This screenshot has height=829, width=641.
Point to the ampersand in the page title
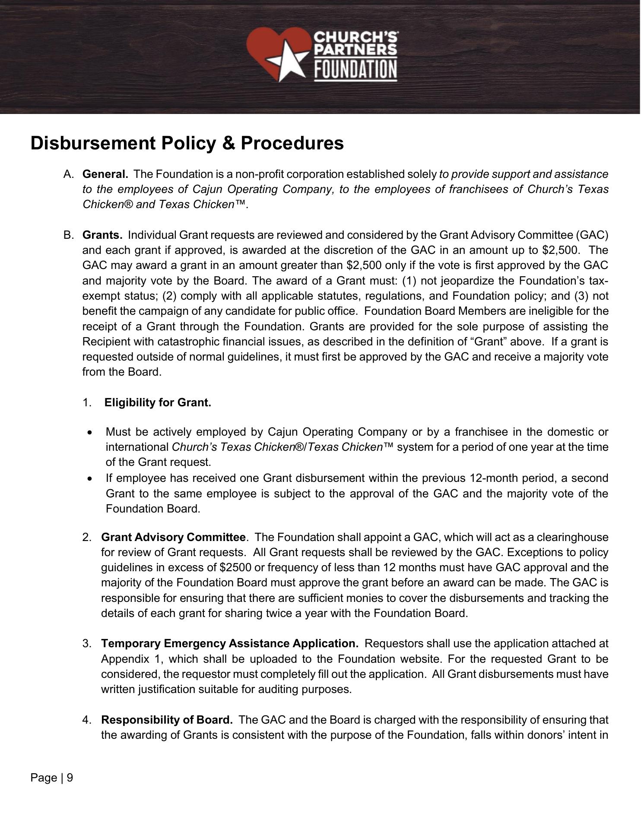(228, 143)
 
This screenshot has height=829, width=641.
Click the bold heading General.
(105, 174)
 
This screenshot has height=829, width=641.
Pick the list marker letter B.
(67, 235)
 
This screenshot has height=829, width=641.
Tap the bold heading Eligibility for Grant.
(158, 403)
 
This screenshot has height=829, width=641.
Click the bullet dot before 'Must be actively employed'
(89, 433)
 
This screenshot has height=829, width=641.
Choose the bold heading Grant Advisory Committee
(173, 538)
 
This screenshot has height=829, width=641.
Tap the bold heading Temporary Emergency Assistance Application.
(229, 644)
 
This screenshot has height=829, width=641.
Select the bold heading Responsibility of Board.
(167, 720)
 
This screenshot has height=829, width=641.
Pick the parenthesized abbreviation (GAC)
(592, 235)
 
